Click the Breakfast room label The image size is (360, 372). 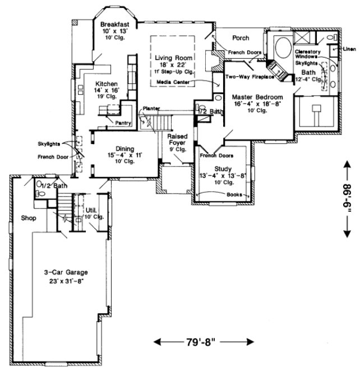pyautogui.click(x=116, y=25)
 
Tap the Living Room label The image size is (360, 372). pyautogui.click(x=174, y=58)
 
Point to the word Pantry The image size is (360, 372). pyautogui.click(x=123, y=122)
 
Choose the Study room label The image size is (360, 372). pyautogui.click(x=222, y=168)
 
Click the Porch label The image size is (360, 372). pyautogui.click(x=241, y=39)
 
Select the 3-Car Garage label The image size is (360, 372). pyautogui.click(x=66, y=272)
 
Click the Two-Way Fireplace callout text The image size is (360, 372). pyautogui.click(x=250, y=76)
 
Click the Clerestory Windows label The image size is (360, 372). pyautogui.click(x=306, y=54)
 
